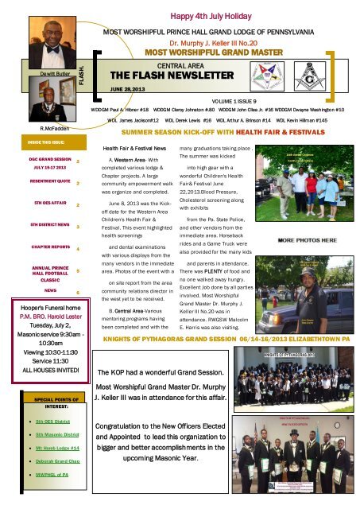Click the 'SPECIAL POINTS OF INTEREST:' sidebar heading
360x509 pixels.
(50, 400)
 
